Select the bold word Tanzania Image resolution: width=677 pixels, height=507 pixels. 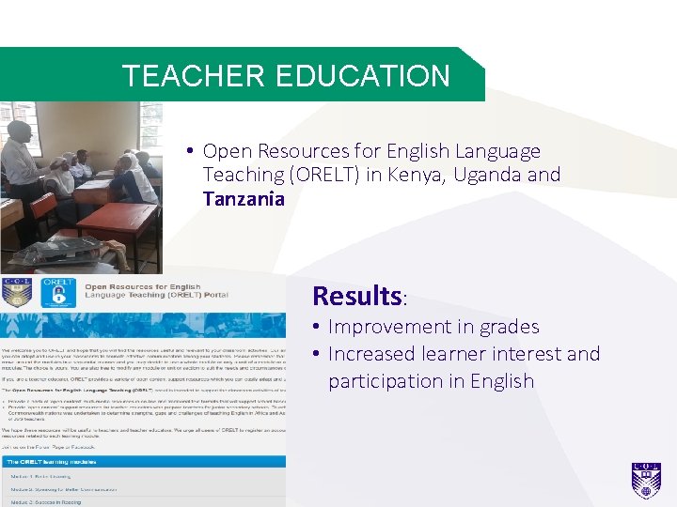pos(244,198)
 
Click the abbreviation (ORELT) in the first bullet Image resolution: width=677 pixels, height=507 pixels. pos(325,175)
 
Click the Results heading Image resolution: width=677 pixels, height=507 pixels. pos(357,296)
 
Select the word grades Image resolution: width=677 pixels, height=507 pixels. pos(508,327)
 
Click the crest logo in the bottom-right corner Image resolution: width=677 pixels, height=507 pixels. pos(646,480)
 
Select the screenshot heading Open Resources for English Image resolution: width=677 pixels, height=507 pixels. pos(142,286)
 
